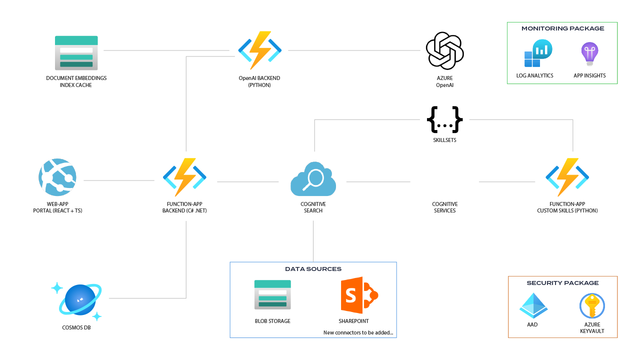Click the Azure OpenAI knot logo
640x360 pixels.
click(x=444, y=50)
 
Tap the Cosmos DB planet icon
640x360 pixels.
click(x=80, y=300)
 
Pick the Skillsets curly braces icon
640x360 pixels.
click(x=444, y=119)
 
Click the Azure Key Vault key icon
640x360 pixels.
click(x=592, y=305)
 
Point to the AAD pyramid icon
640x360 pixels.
click(x=533, y=305)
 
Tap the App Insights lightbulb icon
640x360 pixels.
click(x=589, y=54)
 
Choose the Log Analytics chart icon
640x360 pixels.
click(x=537, y=53)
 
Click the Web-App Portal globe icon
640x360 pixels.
click(x=57, y=176)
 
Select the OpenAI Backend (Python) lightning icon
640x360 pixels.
click(x=259, y=50)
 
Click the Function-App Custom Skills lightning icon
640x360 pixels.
click(x=567, y=177)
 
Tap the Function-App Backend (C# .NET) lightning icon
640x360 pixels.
click(x=184, y=177)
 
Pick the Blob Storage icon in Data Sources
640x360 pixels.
click(x=272, y=294)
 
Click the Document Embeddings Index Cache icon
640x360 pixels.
click(x=76, y=52)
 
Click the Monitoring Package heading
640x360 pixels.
click(x=562, y=28)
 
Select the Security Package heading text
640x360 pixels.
click(x=562, y=283)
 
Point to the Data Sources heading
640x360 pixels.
click(x=313, y=269)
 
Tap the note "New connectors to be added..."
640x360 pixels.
click(x=358, y=332)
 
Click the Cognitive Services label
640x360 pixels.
click(x=444, y=207)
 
